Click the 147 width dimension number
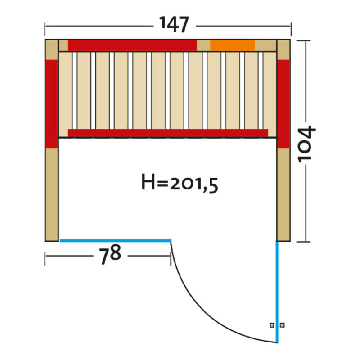pyautogui.click(x=174, y=24)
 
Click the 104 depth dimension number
pyautogui.click(x=307, y=144)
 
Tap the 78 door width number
pyautogui.click(x=110, y=254)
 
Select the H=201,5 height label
pyautogui.click(x=180, y=183)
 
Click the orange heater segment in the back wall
pyautogui.click(x=232, y=45)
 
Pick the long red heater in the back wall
pyautogui.click(x=132, y=45)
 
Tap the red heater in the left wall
pyautogui.click(x=52, y=104)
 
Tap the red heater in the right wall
pyautogui.click(x=283, y=104)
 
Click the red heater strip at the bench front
pyautogui.click(x=168, y=133)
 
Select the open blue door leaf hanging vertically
pyautogui.click(x=277, y=292)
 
